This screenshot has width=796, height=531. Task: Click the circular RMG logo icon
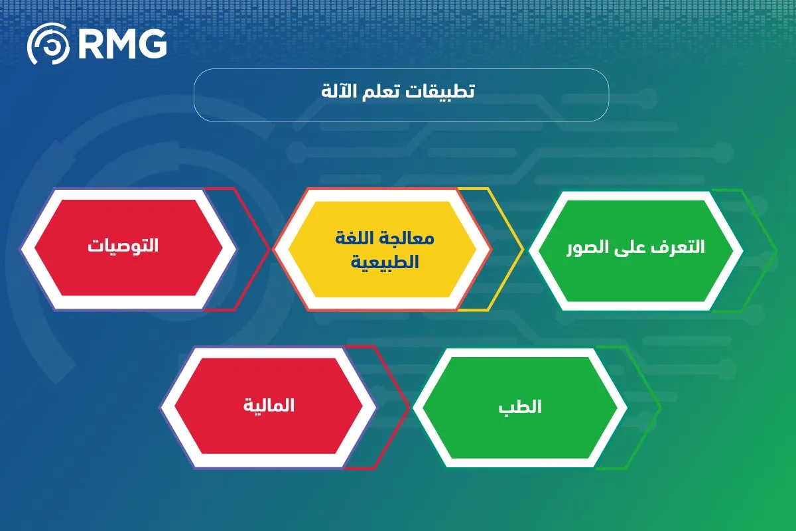coord(47,44)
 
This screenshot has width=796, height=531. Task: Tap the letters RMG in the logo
coord(121,44)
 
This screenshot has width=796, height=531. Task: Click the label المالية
coord(269,405)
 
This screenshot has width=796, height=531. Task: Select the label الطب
coord(521,406)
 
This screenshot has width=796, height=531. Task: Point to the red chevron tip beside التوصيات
coord(269,249)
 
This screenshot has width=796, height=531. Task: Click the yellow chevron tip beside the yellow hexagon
coord(522,249)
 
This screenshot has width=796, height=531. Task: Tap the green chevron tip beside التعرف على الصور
coord(775,250)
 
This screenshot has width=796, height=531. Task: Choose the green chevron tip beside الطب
coord(660,407)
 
